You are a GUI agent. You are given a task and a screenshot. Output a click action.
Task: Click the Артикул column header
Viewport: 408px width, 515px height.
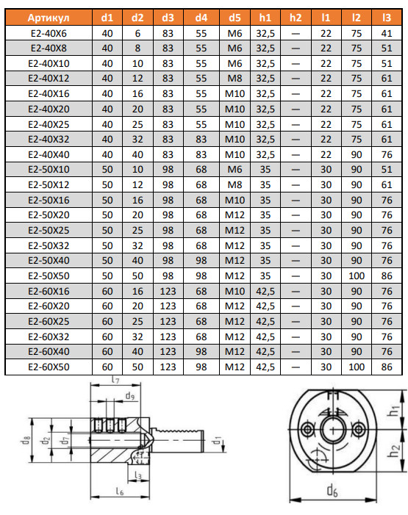point(49,18)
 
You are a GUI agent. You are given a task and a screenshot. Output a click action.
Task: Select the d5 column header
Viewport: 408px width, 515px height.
point(235,18)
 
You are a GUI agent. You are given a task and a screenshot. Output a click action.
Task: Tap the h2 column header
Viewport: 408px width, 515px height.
point(296,18)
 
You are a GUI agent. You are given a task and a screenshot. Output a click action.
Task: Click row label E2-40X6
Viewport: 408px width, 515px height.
point(49,33)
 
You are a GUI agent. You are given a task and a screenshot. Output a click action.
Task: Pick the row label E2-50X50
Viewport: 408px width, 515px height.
point(49,276)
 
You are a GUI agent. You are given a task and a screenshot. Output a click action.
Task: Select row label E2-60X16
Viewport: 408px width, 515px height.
point(49,291)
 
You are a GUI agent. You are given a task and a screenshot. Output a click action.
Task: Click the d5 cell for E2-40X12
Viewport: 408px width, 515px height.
point(235,79)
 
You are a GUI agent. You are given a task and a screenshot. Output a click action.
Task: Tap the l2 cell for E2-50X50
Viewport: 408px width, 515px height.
point(357,276)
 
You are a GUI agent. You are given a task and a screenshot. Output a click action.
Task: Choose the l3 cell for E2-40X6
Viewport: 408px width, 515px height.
point(387,33)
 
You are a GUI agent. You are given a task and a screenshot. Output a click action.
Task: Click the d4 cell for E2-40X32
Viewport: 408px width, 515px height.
point(201,140)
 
